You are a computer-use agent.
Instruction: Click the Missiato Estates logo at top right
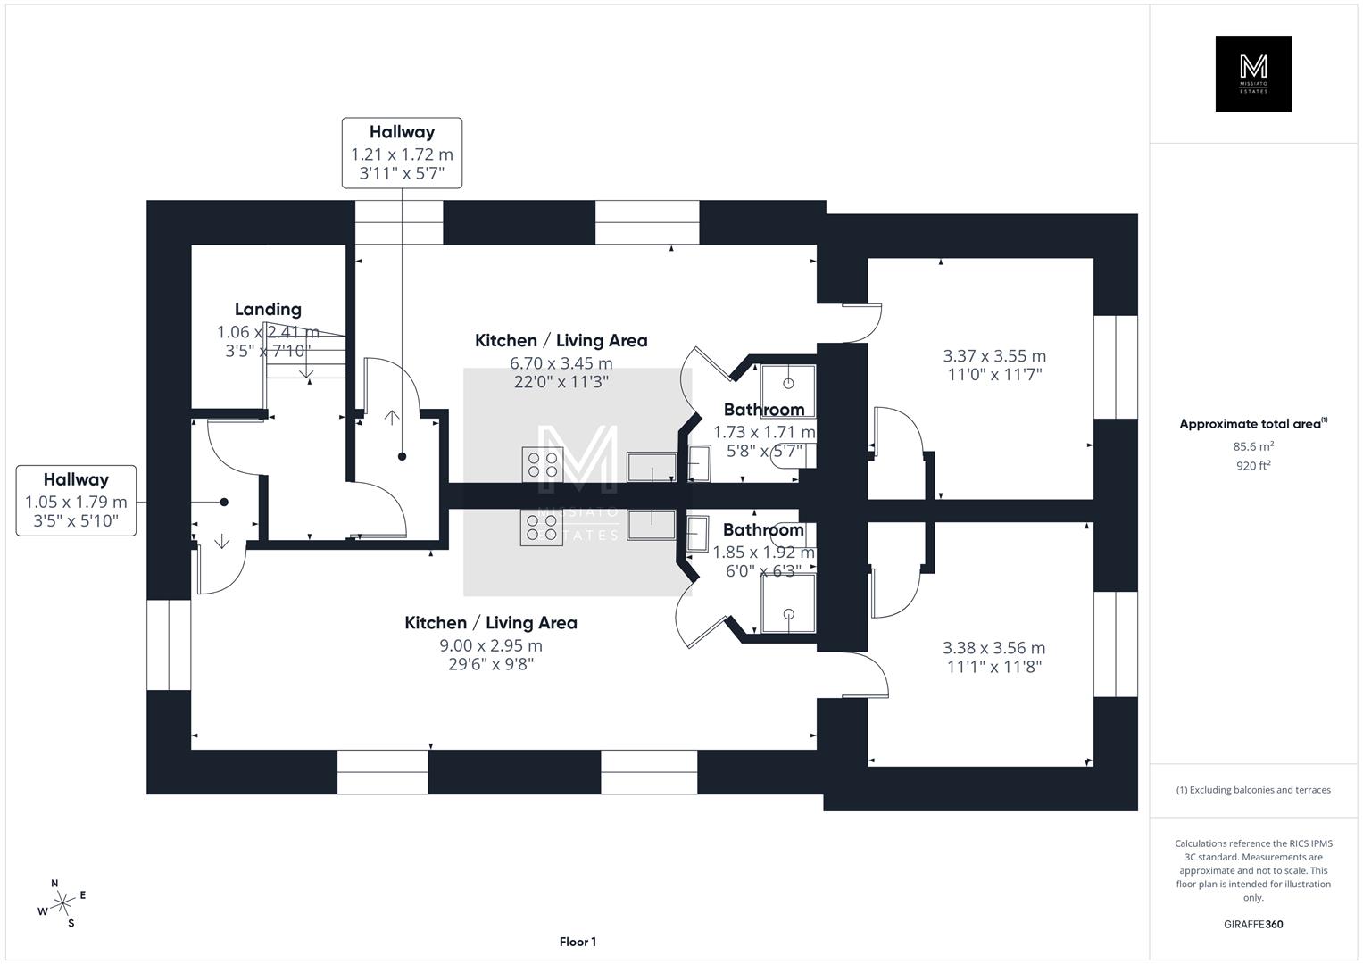click(x=1253, y=74)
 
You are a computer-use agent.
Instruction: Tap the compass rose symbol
click(x=62, y=903)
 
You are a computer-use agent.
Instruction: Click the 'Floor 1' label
click(x=578, y=942)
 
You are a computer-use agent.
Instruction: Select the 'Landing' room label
click(x=268, y=310)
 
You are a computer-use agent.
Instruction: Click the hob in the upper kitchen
click(x=542, y=464)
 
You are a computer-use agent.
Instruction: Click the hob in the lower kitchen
click(x=542, y=527)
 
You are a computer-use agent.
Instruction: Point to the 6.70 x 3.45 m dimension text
click(x=561, y=363)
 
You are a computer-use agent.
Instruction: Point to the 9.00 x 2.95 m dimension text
click(x=490, y=645)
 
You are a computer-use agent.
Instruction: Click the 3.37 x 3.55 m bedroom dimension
click(x=994, y=356)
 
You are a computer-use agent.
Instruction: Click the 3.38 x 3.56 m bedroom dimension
click(x=993, y=648)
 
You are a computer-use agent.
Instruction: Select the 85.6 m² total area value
click(x=1253, y=446)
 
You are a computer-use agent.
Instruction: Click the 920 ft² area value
click(x=1253, y=465)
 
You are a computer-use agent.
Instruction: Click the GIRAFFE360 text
click(x=1253, y=924)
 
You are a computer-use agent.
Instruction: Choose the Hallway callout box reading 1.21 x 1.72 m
click(x=402, y=153)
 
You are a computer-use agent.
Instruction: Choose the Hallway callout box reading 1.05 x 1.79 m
click(x=76, y=501)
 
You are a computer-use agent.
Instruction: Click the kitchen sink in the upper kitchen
click(x=652, y=466)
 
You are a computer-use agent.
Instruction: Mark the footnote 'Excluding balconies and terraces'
click(x=1253, y=790)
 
